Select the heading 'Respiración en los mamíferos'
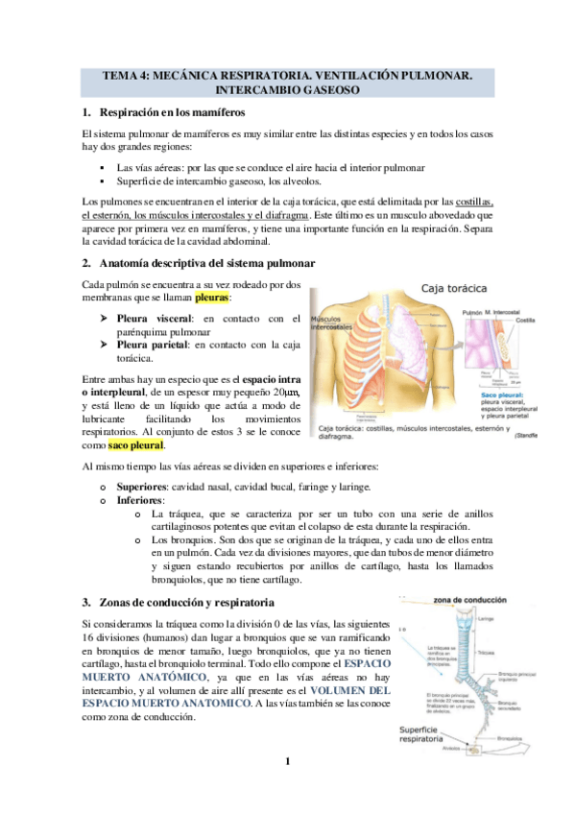(180, 112)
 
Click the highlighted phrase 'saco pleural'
(136, 445)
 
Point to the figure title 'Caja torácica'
(455, 287)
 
